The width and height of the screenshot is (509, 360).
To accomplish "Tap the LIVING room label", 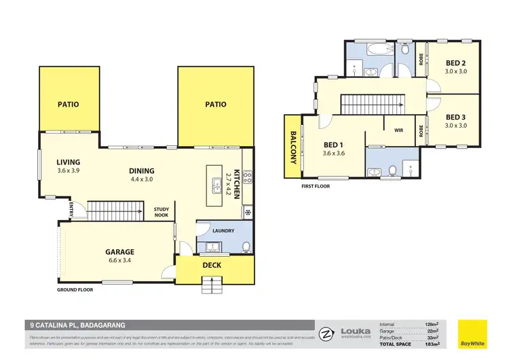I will point(68,162).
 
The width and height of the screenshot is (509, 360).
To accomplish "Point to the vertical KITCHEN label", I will point(237,183).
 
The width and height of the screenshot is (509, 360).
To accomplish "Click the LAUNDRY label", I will point(223,230).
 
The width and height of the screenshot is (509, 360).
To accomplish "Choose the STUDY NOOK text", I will point(161,211).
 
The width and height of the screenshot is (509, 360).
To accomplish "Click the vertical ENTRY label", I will point(71,211).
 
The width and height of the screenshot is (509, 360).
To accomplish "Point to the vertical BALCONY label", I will point(294,147).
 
